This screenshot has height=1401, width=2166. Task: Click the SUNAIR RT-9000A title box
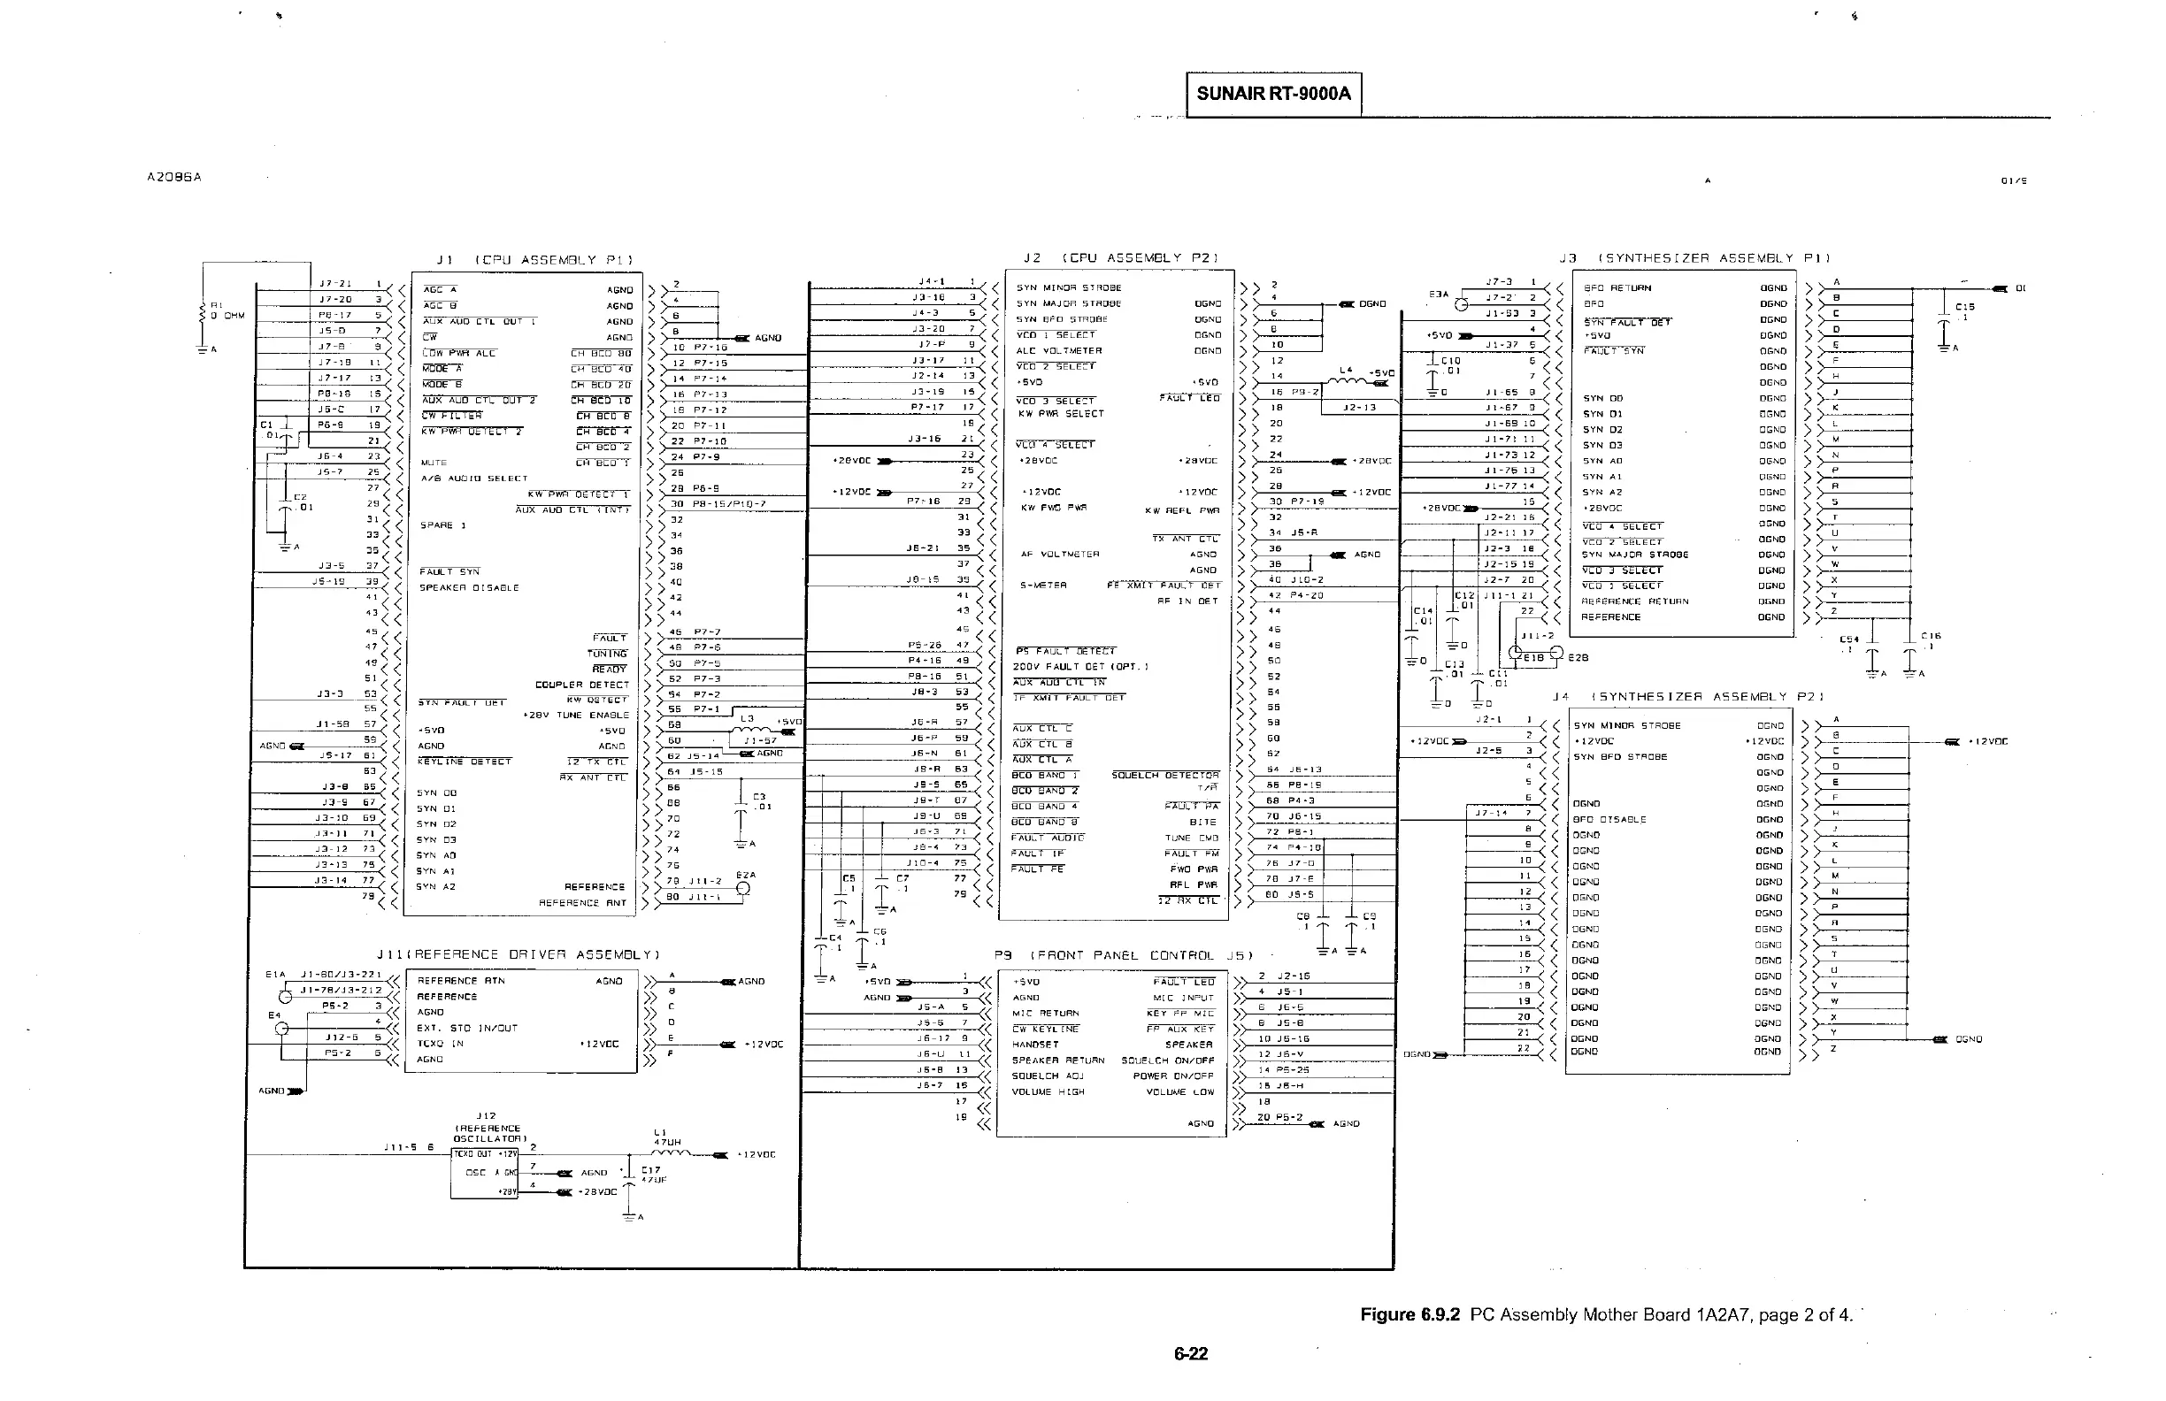(x=1273, y=94)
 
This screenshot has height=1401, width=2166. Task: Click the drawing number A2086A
(x=173, y=178)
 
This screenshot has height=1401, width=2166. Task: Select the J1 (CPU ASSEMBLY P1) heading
(x=534, y=260)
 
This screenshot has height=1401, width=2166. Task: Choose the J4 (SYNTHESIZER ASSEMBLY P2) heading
(x=1688, y=697)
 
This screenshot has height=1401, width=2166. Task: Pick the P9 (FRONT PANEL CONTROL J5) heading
(x=1124, y=955)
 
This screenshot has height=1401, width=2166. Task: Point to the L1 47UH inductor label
(x=667, y=1137)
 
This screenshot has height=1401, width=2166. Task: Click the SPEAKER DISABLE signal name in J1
(x=469, y=587)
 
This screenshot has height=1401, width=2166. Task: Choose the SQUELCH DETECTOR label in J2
(x=1165, y=776)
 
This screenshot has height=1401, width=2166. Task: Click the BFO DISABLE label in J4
(x=1609, y=820)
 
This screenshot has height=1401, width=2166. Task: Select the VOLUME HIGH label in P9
(x=1048, y=1091)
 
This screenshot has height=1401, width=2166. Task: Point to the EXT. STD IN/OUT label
(x=467, y=1028)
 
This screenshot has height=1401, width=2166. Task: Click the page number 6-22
(x=1190, y=1354)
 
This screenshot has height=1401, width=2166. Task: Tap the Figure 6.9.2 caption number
(x=1409, y=1314)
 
